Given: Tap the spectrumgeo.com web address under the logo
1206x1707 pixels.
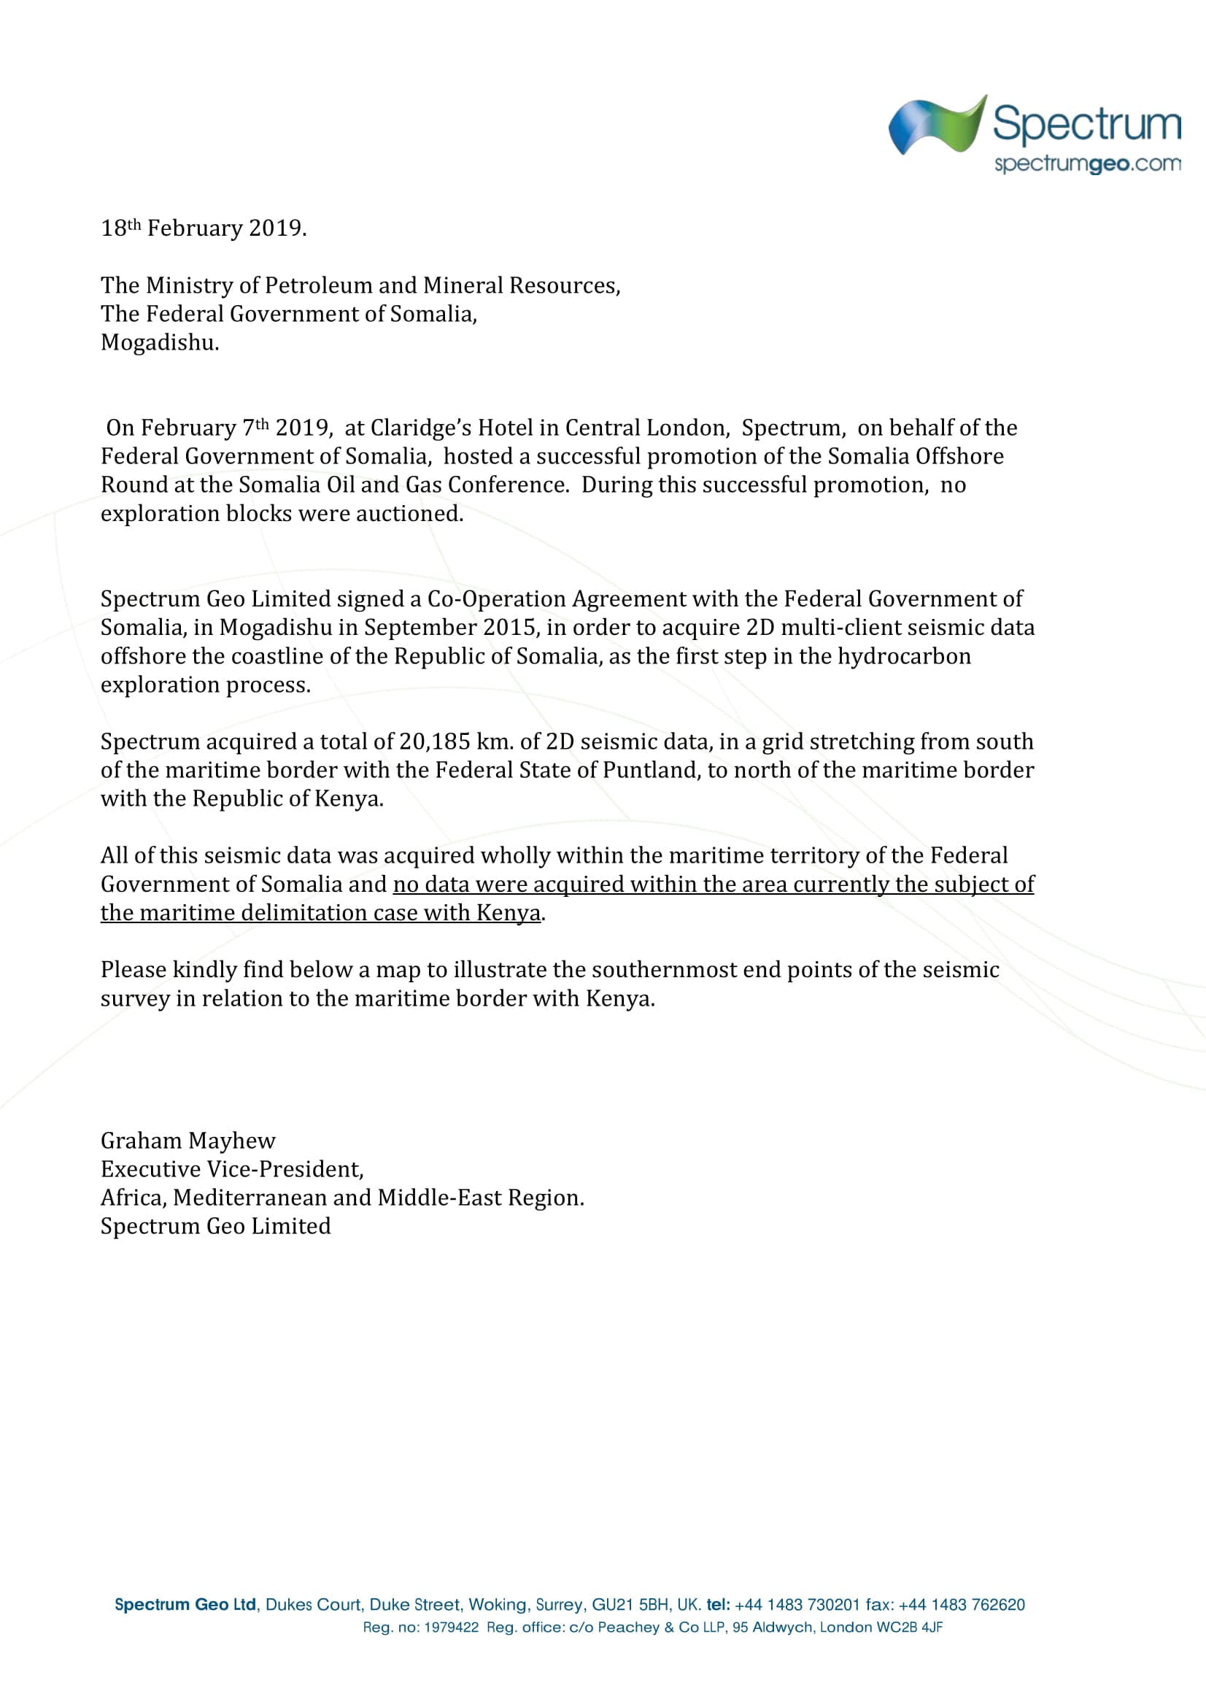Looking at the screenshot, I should pos(1087,163).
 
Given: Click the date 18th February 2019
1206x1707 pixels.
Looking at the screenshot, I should pos(203,228).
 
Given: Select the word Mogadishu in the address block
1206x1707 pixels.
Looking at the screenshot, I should pos(159,343).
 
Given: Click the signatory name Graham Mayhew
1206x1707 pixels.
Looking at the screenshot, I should pos(188,1141).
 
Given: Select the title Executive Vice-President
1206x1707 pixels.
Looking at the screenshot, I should pos(231,1169).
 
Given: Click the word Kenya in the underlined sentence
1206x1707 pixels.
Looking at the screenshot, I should pos(509,913).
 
